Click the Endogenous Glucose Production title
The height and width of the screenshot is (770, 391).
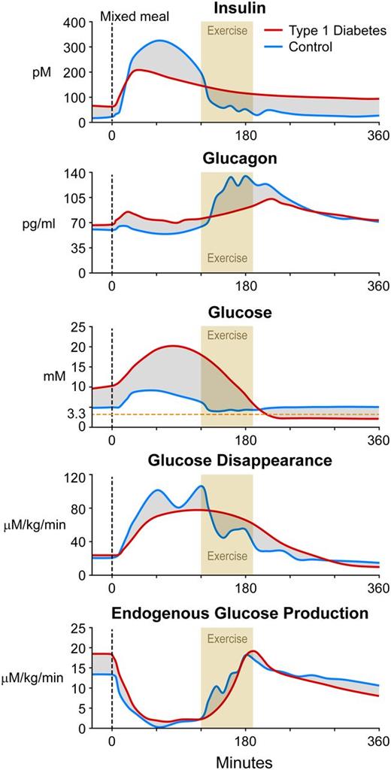coord(240,614)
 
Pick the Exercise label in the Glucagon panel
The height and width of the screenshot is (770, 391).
coord(226,259)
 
